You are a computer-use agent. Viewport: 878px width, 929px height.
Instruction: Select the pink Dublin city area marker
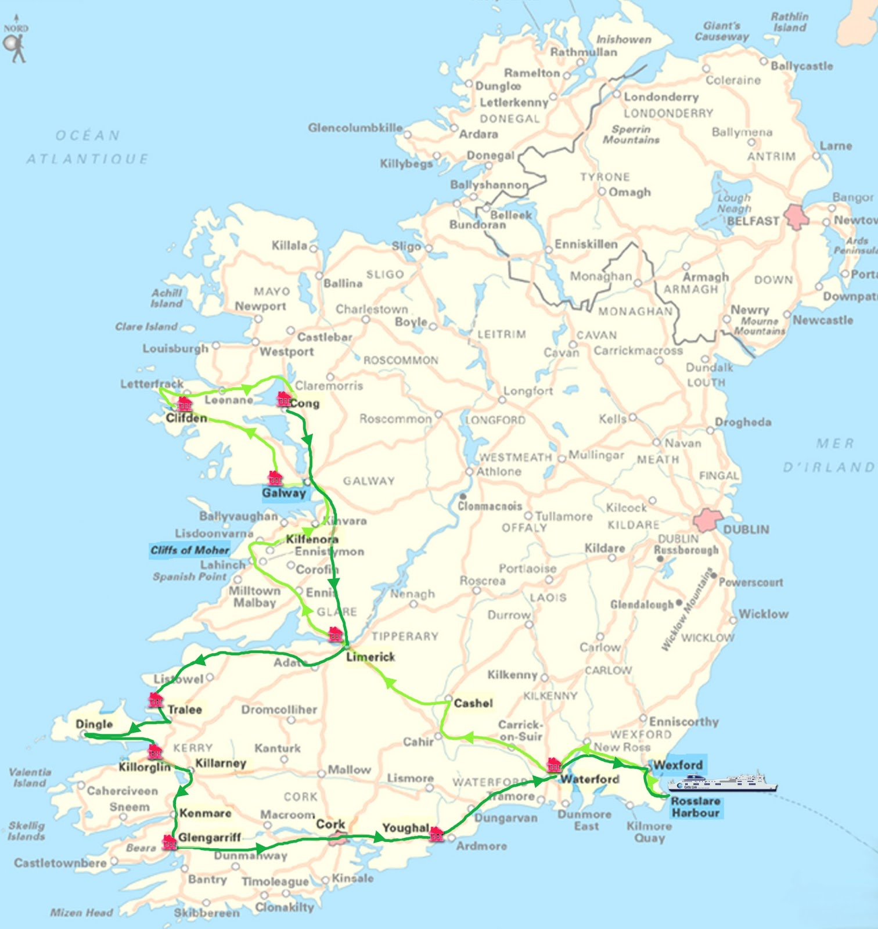pos(707,520)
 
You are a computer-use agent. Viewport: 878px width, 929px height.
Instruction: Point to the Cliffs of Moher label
pos(189,550)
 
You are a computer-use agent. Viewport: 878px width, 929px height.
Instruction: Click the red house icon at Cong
pos(283,399)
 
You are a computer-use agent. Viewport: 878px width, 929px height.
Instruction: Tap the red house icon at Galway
pos(275,478)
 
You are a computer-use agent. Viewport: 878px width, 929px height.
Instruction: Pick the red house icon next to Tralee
pos(156,700)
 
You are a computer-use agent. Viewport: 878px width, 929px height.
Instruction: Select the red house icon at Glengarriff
pos(169,842)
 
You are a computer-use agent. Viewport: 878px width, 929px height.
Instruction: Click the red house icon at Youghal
pos(437,835)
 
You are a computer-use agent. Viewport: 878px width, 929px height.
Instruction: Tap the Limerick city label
pos(370,657)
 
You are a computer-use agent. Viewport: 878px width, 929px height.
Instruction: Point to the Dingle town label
pos(94,724)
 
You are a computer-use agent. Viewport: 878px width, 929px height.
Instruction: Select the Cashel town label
pos(473,703)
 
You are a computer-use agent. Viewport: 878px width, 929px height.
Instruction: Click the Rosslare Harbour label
pos(696,807)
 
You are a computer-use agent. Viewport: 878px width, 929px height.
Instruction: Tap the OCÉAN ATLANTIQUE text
pos(87,147)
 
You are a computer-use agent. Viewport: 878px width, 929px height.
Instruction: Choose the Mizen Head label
pos(81,912)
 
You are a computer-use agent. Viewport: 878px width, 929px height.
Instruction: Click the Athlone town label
pos(498,471)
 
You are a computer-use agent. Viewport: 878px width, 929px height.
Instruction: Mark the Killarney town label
pos(221,763)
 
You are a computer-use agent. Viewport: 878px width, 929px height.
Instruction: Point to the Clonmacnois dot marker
pos(463,497)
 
